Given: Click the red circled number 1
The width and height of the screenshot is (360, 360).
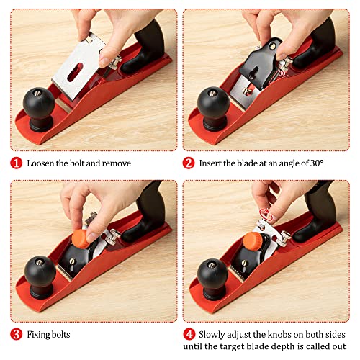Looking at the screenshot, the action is click(16, 163).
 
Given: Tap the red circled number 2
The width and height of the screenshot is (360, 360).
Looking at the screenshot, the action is click(189, 163).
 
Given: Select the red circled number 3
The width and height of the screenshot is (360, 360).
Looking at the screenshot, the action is click(16, 334).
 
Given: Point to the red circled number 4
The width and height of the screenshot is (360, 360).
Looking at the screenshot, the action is click(189, 334).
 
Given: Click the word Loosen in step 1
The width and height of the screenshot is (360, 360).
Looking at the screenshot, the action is click(40, 163).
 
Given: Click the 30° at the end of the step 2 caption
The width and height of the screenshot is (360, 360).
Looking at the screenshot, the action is click(317, 163).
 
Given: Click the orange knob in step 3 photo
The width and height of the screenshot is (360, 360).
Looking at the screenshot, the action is click(81, 239).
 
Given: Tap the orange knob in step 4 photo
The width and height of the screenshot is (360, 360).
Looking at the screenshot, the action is click(253, 241).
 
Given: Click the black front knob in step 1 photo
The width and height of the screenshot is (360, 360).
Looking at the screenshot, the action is click(39, 109).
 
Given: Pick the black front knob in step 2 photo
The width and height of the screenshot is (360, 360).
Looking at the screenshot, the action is click(213, 108).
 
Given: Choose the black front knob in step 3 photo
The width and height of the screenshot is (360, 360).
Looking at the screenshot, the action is click(40, 276).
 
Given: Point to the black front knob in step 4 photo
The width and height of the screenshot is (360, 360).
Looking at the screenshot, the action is click(212, 279).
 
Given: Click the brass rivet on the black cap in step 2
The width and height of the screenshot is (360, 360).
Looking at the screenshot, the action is click(273, 46).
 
